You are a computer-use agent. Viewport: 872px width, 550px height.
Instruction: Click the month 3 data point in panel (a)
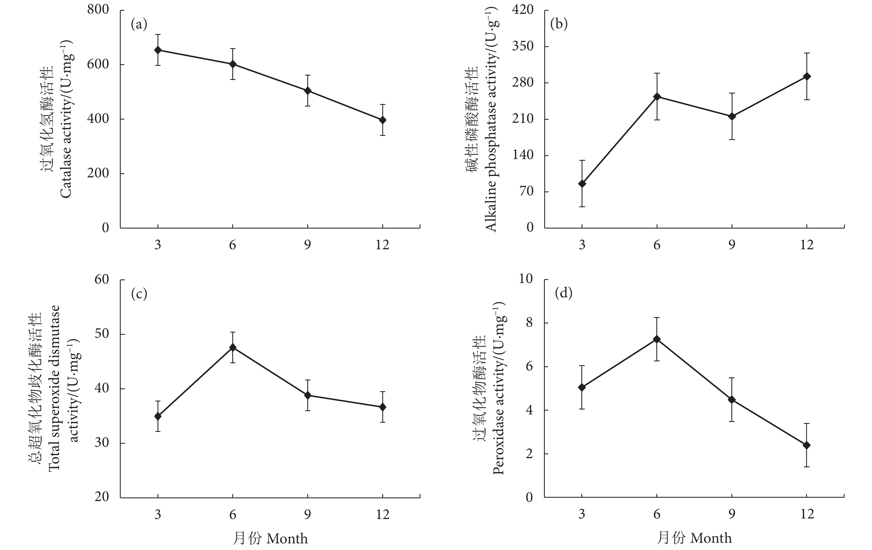tap(158, 50)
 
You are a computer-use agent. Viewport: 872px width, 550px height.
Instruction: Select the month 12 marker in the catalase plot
tap(382, 120)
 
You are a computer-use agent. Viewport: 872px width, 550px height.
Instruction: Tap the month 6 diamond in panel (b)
tap(657, 97)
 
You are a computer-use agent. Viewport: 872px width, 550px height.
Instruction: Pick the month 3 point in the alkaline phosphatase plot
tap(582, 183)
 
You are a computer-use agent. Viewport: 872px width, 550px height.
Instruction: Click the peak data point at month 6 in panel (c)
tap(233, 347)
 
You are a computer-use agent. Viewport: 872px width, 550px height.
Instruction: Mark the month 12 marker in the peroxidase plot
tap(807, 445)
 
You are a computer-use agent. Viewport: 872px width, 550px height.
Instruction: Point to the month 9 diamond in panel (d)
tap(732, 399)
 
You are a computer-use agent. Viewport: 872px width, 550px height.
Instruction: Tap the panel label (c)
tap(139, 294)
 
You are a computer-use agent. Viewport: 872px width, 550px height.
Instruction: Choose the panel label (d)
tap(563, 293)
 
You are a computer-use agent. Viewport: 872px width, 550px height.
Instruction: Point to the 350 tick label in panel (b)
tap(523, 46)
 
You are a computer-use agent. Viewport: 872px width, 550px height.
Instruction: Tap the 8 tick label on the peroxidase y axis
tap(529, 322)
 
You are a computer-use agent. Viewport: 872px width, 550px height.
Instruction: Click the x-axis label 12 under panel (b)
tap(807, 245)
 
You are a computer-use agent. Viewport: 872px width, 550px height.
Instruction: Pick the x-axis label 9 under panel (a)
tap(308, 245)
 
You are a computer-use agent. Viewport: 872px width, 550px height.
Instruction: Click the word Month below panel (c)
tap(287, 539)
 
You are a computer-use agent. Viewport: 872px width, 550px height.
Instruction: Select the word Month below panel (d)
tap(711, 538)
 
